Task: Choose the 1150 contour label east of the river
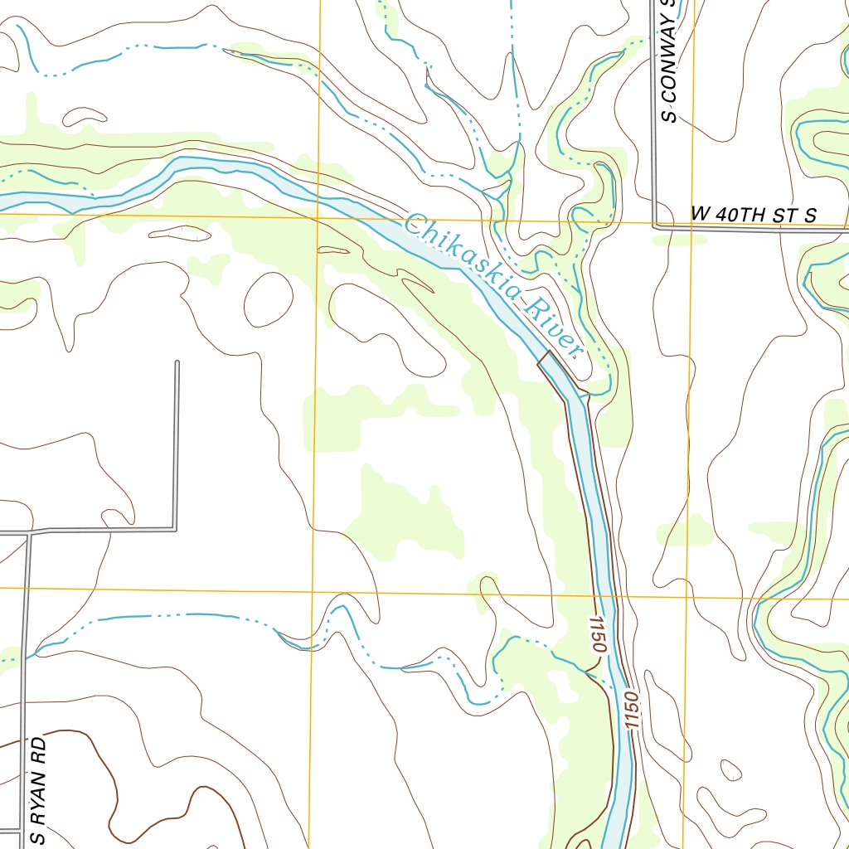coord(633,711)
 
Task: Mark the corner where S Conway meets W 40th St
coord(655,226)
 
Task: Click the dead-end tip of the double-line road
coord(177,362)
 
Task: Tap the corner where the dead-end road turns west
coord(176,528)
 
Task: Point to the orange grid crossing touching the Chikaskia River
coord(318,218)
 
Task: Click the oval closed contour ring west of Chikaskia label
coord(268,298)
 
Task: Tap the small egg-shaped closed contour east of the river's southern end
coord(730,770)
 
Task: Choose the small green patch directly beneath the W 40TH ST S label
coord(680,240)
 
